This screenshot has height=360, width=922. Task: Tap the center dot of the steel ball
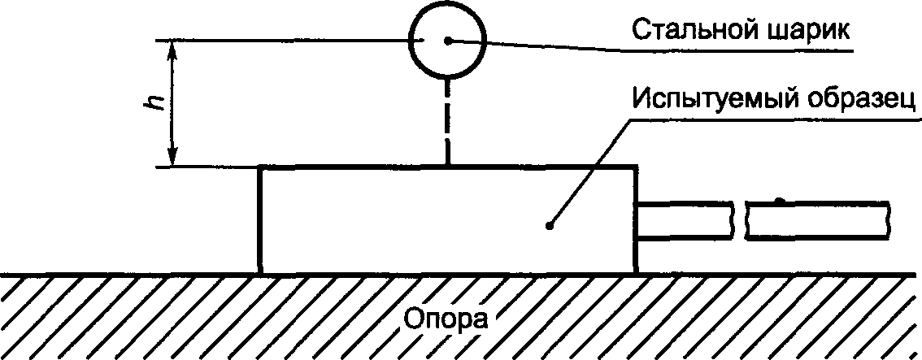tap(446, 40)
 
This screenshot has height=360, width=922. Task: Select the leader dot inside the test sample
tap(550, 226)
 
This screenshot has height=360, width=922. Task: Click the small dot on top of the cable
tap(779, 200)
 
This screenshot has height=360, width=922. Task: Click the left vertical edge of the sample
tap(260, 219)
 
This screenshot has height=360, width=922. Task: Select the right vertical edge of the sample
tap(635, 219)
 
